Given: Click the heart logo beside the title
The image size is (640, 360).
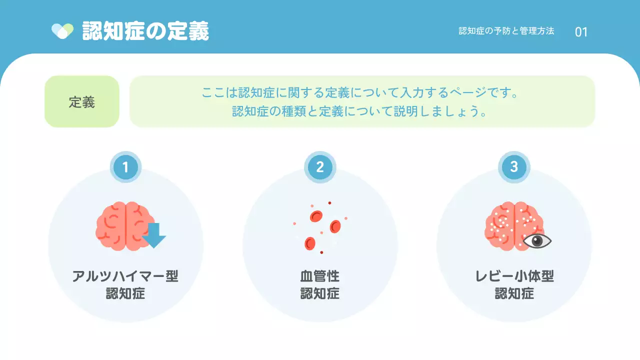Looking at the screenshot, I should pyautogui.click(x=62, y=31).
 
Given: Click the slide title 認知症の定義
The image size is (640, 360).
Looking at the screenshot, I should pyautogui.click(x=145, y=31).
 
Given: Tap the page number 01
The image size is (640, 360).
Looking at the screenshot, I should pyautogui.click(x=581, y=32).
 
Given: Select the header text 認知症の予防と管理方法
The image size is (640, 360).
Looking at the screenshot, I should pyautogui.click(x=506, y=31).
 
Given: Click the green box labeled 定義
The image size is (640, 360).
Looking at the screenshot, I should pyautogui.click(x=82, y=101).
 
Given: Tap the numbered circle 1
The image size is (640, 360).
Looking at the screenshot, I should pyautogui.click(x=125, y=167).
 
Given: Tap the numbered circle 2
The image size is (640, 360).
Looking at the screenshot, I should pyautogui.click(x=320, y=167).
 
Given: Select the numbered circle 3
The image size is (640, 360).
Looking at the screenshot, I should pyautogui.click(x=514, y=167).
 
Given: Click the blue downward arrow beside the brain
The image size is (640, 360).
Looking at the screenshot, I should pyautogui.click(x=154, y=235).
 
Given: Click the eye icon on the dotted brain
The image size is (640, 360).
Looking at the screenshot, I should pyautogui.click(x=537, y=241).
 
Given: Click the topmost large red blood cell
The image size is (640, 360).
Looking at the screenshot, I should pyautogui.click(x=316, y=216).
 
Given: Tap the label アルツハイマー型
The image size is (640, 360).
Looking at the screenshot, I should pyautogui.click(x=125, y=276).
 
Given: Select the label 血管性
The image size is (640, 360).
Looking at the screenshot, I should pyautogui.click(x=320, y=276).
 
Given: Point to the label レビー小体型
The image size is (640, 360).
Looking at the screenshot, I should pyautogui.click(x=514, y=276).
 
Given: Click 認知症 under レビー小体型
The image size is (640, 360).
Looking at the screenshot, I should pyautogui.click(x=514, y=293).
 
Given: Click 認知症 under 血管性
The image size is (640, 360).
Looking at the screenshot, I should pyautogui.click(x=320, y=293).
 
